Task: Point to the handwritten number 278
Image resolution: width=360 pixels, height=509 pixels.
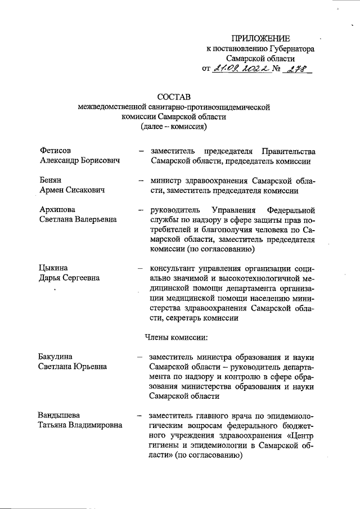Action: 297,69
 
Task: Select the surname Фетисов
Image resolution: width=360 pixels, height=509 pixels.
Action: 56,151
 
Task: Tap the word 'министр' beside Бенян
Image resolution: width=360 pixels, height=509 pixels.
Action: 166,181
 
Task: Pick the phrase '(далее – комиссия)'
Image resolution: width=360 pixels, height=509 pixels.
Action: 174,127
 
